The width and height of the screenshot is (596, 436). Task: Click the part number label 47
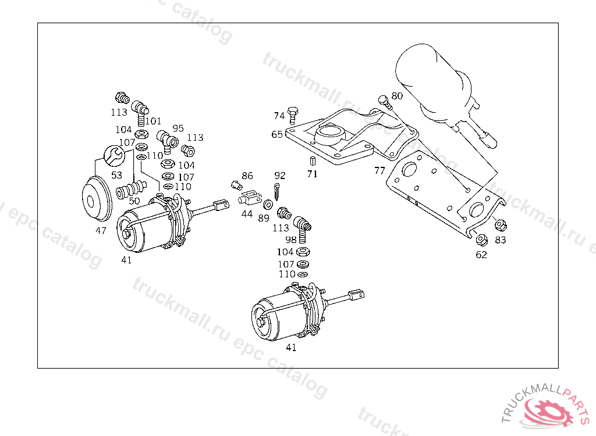[x=101, y=231]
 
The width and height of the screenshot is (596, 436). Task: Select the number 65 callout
[x=277, y=134]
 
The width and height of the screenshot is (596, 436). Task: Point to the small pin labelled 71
[x=312, y=160]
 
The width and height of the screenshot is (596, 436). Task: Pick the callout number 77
[x=379, y=170]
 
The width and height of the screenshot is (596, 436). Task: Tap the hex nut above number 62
[x=481, y=239]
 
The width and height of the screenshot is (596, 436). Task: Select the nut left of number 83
[x=499, y=225]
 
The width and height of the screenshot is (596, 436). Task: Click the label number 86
[x=247, y=176]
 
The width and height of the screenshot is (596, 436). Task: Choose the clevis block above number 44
[x=249, y=199]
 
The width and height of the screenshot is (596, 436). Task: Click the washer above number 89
[x=268, y=205]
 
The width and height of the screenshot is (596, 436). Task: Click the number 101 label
[x=153, y=121]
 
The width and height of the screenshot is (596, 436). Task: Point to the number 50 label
[x=134, y=201]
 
